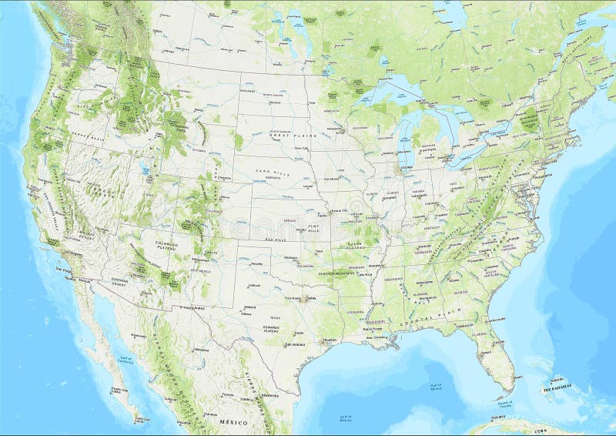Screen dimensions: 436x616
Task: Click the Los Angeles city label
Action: pos(65,270)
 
